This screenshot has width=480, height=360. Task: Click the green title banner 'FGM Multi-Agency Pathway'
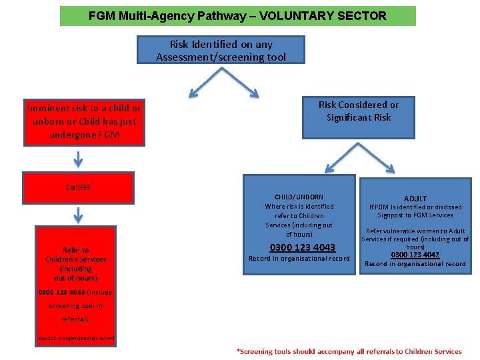pyautogui.click(x=237, y=16)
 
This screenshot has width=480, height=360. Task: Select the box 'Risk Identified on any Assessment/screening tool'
pyautogui.click(x=221, y=51)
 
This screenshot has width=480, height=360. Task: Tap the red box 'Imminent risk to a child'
pyautogui.click(x=83, y=121)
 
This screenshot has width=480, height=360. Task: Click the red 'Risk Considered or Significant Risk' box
pyautogui.click(x=359, y=111)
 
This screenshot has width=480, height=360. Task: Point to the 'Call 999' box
pyautogui.click(x=78, y=187)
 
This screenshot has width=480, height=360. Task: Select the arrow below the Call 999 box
pyautogui.click(x=79, y=215)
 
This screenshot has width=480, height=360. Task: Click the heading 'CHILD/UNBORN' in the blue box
pyautogui.click(x=299, y=197)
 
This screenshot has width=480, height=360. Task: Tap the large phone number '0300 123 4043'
pyautogui.click(x=299, y=248)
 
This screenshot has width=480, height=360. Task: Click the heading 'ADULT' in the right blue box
pyautogui.click(x=415, y=199)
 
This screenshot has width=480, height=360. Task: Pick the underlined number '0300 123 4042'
pyautogui.click(x=415, y=255)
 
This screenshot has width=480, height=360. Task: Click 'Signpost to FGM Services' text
pyautogui.click(x=415, y=215)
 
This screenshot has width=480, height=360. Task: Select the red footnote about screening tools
pyautogui.click(x=349, y=351)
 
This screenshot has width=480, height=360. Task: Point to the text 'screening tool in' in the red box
pyautogui.click(x=76, y=306)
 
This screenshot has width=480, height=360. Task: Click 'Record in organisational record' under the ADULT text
pyautogui.click(x=415, y=264)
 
